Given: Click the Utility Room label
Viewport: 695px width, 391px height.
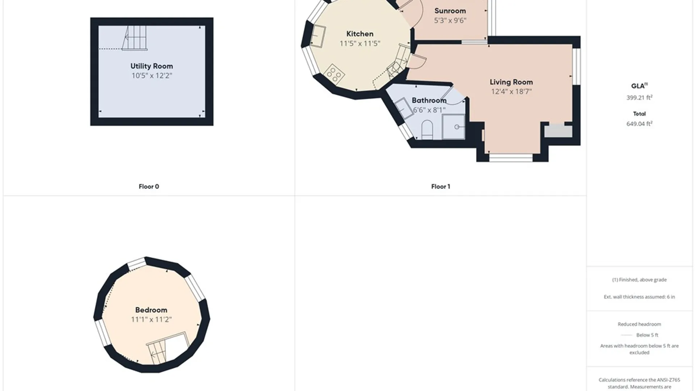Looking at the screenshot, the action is click(x=152, y=66).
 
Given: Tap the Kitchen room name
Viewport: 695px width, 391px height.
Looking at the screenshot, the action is click(x=360, y=34).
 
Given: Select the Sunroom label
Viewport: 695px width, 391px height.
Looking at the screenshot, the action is click(x=450, y=11).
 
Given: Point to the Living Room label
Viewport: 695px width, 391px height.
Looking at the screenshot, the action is click(x=511, y=82).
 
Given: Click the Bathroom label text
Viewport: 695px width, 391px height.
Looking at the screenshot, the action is click(x=429, y=100).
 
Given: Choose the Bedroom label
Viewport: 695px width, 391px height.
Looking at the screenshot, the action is click(x=151, y=310).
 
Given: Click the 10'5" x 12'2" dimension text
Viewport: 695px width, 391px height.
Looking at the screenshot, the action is click(x=152, y=76).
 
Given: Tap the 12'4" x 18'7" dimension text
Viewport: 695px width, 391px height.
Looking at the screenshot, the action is click(x=511, y=92).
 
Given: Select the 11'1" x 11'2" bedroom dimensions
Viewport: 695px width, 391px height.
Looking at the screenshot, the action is click(x=151, y=319).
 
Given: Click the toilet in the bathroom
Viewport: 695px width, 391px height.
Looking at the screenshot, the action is click(x=427, y=129).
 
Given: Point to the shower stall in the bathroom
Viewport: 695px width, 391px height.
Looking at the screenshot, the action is click(x=453, y=126).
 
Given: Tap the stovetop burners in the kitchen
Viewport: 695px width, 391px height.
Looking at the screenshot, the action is click(x=334, y=74).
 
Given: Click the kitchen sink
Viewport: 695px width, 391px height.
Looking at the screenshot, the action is click(x=318, y=36).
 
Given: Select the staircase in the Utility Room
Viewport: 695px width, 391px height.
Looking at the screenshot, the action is click(x=135, y=38).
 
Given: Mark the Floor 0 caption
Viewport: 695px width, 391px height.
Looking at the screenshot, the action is click(x=149, y=186).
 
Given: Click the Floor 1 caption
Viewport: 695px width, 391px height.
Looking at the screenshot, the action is click(x=441, y=186).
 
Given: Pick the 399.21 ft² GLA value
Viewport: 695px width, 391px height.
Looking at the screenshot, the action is click(x=639, y=97).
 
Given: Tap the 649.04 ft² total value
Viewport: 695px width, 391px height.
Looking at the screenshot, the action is click(x=639, y=123).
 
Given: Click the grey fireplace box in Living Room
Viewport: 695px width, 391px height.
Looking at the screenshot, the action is click(x=559, y=131).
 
